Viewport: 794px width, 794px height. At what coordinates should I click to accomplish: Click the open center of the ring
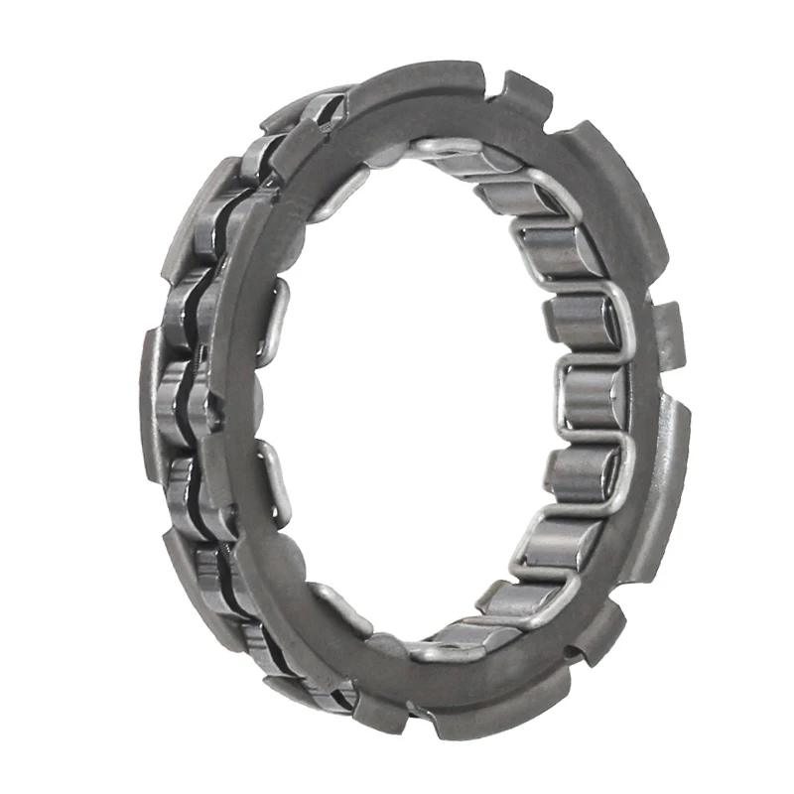417,397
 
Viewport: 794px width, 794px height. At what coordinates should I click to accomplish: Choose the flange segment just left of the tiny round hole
536,675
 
